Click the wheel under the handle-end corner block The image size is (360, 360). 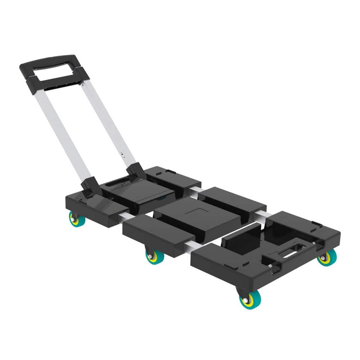click(77, 219)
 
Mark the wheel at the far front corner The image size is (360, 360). click(327, 257)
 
